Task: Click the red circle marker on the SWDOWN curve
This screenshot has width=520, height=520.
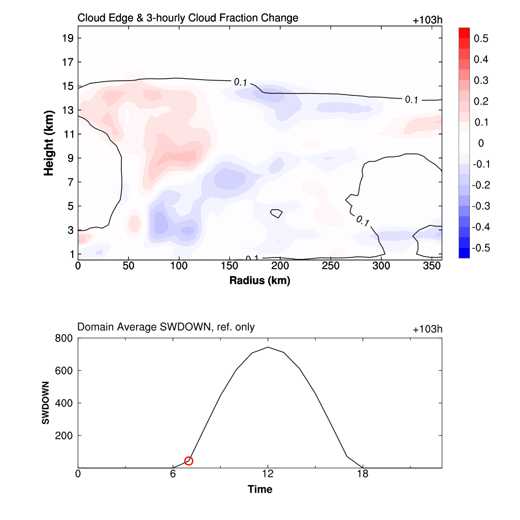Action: [189, 461]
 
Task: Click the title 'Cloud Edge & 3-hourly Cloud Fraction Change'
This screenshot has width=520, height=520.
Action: [187, 18]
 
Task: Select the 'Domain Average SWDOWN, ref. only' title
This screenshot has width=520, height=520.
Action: [166, 328]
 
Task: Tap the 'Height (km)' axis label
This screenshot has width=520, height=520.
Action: [49, 143]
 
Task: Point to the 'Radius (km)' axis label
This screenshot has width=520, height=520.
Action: [259, 280]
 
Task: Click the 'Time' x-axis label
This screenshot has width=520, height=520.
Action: [259, 490]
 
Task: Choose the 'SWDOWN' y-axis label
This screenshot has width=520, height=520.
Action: [45, 403]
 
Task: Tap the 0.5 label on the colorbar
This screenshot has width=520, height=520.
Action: [481, 39]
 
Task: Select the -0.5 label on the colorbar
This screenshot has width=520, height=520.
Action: [480, 248]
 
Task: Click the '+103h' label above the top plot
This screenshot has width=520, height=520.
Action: [428, 21]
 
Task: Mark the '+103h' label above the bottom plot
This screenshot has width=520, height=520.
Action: [428, 330]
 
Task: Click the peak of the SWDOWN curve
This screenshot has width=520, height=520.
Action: [268, 347]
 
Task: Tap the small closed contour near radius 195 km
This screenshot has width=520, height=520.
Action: [276, 213]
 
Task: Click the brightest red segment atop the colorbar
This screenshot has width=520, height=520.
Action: [464, 32]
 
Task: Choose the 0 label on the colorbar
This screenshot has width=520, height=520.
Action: [481, 143]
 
